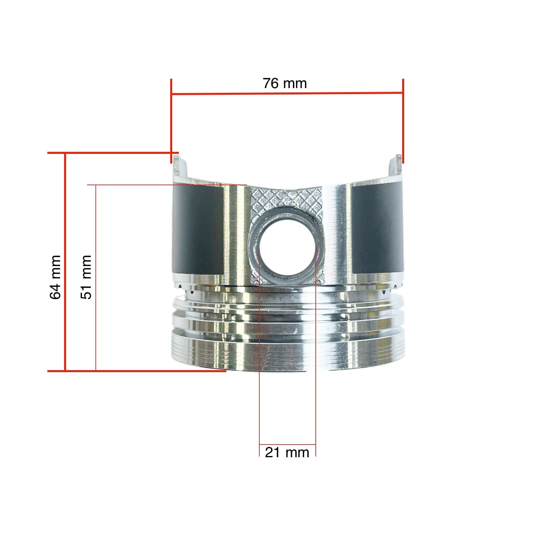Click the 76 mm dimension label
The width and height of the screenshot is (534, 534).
point(285,83)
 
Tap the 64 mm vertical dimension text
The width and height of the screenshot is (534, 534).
point(55,277)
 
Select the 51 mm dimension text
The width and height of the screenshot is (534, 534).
point(86,277)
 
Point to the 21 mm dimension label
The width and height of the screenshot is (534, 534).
point(287,453)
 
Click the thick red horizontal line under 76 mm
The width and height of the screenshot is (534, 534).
point(287,93)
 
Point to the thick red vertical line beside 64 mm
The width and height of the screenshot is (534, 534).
point(65,262)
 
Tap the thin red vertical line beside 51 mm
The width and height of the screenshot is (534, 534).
point(96,277)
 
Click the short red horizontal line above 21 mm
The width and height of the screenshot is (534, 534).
point(287,445)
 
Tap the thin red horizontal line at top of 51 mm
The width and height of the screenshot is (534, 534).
point(167,185)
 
